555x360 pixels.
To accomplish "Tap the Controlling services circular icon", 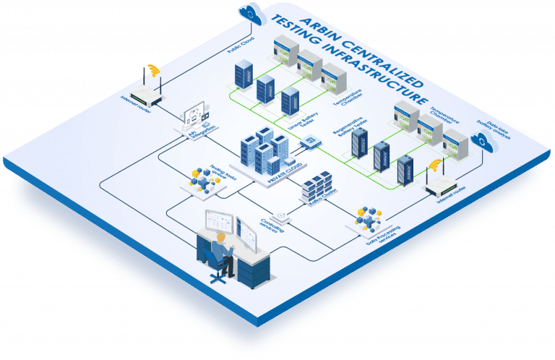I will (280, 214).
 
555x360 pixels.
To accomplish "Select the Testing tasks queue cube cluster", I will (203, 177).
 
